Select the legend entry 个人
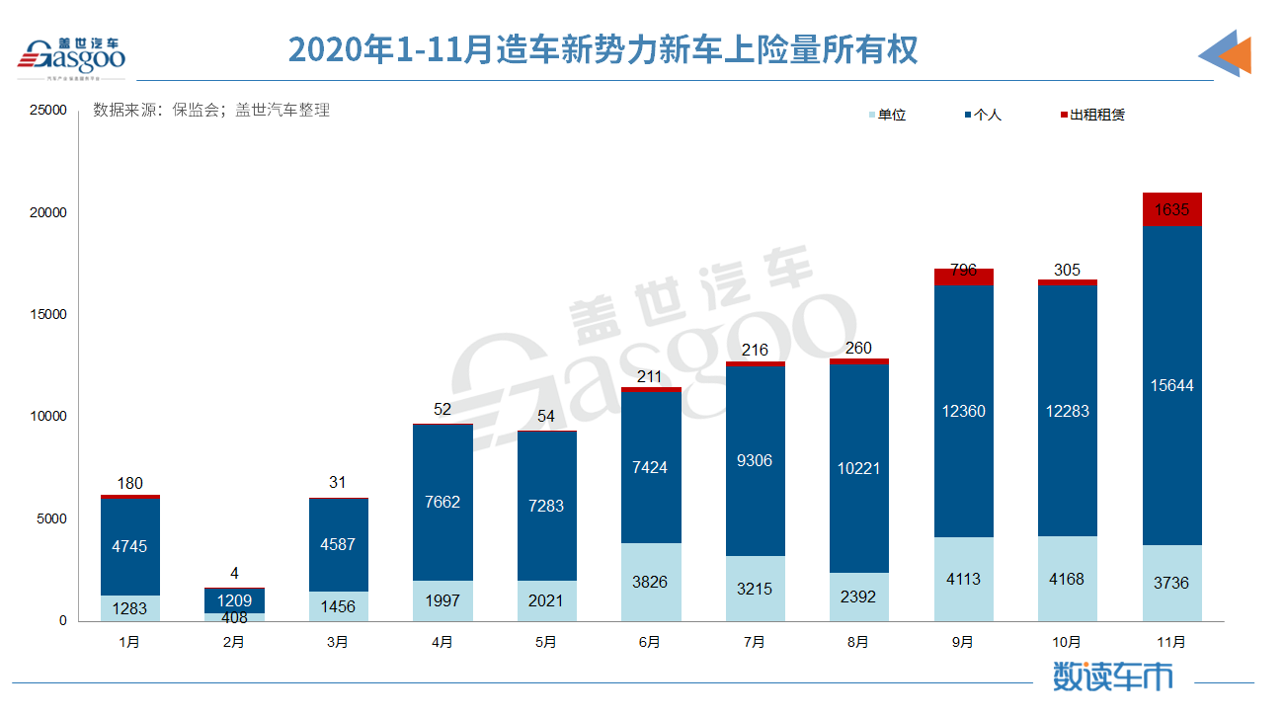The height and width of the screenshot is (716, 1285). [x=987, y=115]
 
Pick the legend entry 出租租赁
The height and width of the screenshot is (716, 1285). [x=1096, y=115]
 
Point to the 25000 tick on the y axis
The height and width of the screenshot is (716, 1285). [x=46, y=111]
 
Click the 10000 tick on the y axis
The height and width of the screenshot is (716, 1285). [x=46, y=417]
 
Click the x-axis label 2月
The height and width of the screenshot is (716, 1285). [x=234, y=642]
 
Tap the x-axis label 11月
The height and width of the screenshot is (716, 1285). [x=1171, y=642]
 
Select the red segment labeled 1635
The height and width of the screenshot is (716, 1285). [x=1171, y=209]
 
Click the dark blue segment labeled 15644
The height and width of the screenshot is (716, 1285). [x=1171, y=386]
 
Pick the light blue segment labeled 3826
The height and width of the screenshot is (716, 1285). [x=650, y=582]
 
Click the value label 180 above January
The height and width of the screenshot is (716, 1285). [x=129, y=483]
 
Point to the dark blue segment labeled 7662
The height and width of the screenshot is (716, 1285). [x=442, y=502]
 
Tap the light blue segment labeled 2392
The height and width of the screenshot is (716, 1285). [x=858, y=597]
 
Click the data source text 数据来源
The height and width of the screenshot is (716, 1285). [x=210, y=111]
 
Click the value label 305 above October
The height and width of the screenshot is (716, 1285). [x=1067, y=270]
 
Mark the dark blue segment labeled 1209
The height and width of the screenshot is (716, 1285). [x=234, y=600]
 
